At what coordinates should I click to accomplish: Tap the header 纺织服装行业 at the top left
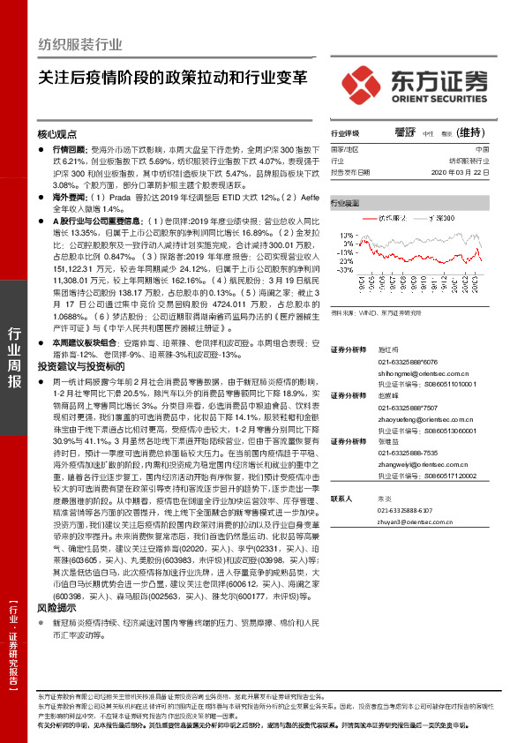(x=81, y=45)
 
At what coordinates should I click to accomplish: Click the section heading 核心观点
(x=58, y=134)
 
